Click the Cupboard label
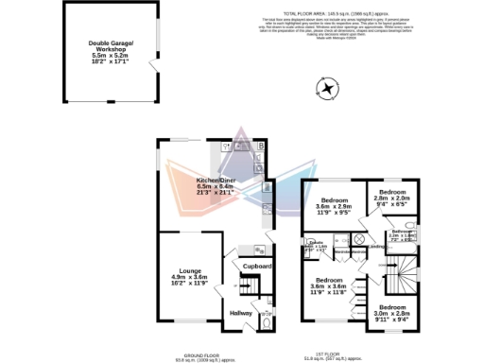pos(257,268)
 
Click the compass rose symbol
pos(327,90)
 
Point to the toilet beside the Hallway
pos(266,324)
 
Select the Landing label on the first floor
pos(374,249)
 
